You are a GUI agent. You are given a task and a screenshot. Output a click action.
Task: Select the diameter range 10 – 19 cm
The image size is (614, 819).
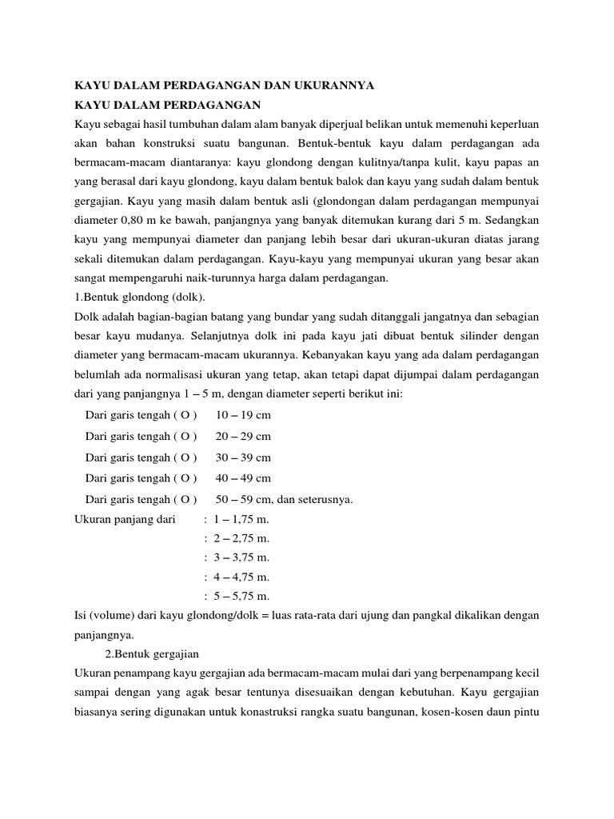pos(243,415)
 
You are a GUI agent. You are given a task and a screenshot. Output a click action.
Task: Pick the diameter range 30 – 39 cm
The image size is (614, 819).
pos(243,457)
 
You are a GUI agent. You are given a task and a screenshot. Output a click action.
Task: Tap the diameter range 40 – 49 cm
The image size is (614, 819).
pos(243,478)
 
